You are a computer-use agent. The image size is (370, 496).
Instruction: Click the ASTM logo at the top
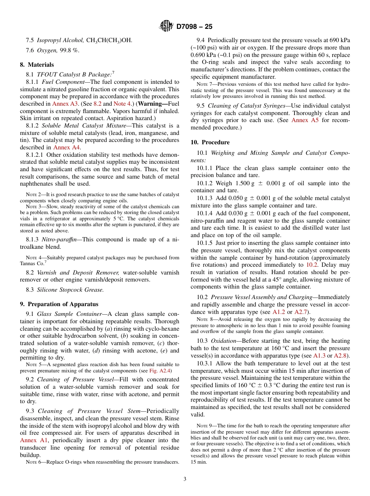tap(166, 27)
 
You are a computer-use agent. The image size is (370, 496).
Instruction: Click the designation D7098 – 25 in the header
tap(194, 27)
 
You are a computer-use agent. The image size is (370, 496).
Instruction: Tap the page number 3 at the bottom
tap(185, 479)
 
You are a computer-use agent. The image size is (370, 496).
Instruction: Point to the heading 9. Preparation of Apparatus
tap(59, 304)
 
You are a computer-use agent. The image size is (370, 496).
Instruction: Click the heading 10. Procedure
tap(210, 142)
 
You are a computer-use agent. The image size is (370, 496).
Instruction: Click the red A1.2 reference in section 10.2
tap(279, 312)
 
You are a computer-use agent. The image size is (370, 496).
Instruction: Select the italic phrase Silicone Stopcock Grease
tap(70, 290)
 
